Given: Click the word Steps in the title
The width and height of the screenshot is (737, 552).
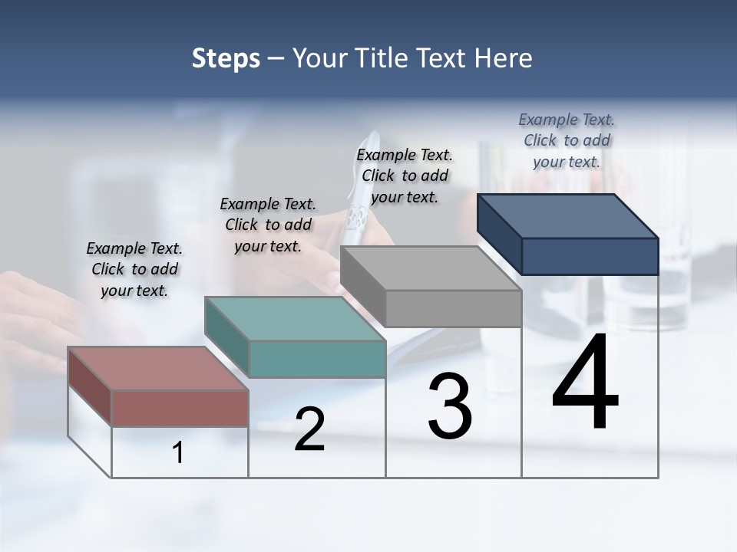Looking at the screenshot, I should [226, 58].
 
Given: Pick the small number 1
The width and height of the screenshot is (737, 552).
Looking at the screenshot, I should [178, 453].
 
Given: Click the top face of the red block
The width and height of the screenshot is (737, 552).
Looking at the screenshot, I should [157, 369].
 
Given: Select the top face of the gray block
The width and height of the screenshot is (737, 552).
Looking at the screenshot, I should [431, 268].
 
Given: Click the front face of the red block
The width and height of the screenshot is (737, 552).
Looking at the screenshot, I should [180, 408].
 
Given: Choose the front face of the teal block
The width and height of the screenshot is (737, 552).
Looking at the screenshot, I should [317, 359].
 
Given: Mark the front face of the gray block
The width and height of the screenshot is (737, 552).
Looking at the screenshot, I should [453, 308].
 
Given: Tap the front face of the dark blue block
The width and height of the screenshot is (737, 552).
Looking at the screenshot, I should [590, 256].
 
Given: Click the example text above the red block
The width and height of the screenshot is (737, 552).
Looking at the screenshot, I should [134, 269].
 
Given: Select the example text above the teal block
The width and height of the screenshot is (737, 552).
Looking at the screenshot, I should [268, 225].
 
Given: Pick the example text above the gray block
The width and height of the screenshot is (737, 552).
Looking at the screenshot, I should [405, 176].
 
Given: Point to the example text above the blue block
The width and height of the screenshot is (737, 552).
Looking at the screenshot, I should [567, 140].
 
